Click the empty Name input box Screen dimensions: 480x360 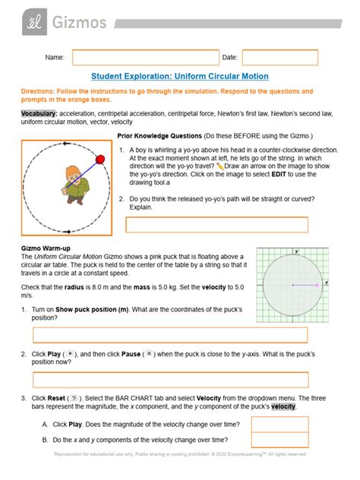click(145, 58)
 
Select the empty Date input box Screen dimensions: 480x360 click(279, 58)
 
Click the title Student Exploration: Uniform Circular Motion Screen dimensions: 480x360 click(180, 77)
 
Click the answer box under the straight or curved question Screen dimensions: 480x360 click(216, 225)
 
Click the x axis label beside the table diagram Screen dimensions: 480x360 click(327, 282)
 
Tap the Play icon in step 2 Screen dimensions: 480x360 click(70, 354)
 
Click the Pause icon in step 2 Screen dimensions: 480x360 click(150, 354)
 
